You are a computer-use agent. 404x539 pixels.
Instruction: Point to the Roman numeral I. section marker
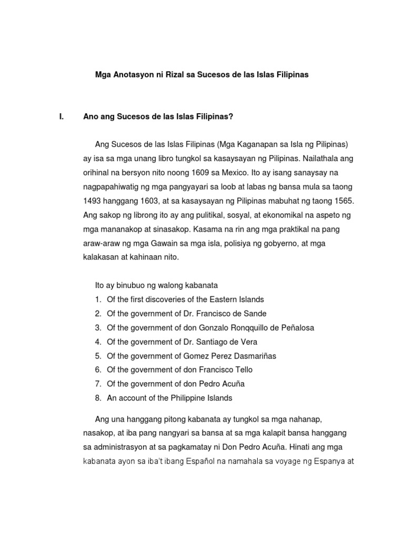pyautogui.click(x=61, y=117)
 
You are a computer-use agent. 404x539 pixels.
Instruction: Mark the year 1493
pyautogui.click(x=95, y=201)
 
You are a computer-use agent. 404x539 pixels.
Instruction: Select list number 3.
pyautogui.click(x=98, y=327)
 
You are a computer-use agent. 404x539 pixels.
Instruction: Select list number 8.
pyautogui.click(x=98, y=398)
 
